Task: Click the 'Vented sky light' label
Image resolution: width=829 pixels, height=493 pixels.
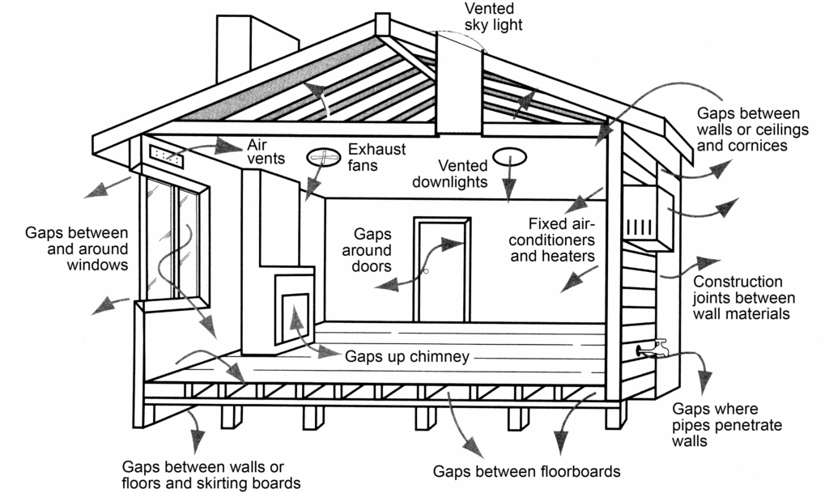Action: pos(493,16)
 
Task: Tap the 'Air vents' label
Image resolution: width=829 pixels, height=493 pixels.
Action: pos(266,151)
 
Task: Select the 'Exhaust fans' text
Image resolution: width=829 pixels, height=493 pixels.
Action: pos(376,157)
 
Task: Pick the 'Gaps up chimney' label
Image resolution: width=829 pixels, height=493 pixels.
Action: pos(407,356)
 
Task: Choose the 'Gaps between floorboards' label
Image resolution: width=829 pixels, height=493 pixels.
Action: pos(526,471)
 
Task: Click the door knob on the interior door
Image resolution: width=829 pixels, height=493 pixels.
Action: pos(424,272)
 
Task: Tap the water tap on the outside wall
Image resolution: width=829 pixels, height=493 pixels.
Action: pos(653,348)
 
